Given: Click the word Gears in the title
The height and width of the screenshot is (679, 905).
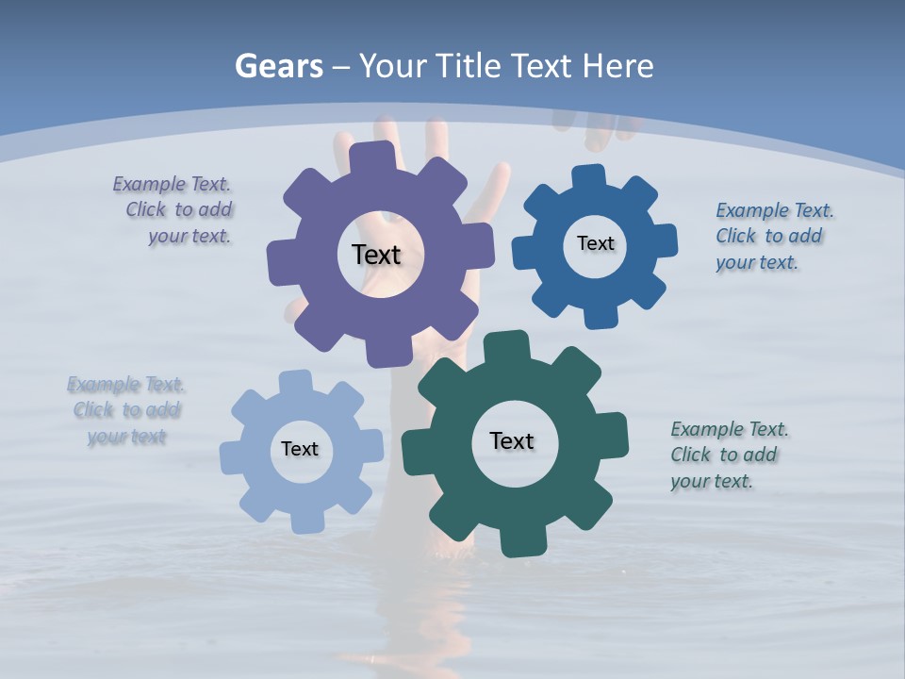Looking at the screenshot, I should [x=279, y=66].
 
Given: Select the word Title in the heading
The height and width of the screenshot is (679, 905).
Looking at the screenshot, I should [x=469, y=66].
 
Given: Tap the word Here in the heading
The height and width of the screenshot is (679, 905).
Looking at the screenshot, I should [x=617, y=66].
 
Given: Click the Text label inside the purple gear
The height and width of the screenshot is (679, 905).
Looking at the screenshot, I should [x=376, y=255].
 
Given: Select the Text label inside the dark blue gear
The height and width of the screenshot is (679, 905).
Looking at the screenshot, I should [x=595, y=243].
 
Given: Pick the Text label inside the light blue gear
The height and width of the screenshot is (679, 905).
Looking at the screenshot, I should [x=300, y=449].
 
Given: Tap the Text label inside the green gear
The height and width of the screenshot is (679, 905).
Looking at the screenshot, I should [x=512, y=440].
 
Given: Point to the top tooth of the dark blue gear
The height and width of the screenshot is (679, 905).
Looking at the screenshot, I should [x=588, y=176].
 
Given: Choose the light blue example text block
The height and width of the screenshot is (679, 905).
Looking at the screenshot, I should [x=126, y=410].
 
